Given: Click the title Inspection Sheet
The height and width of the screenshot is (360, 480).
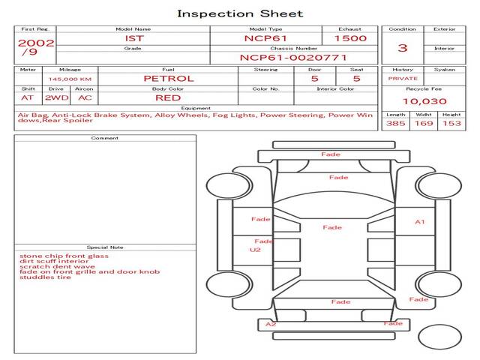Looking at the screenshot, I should point(240,13).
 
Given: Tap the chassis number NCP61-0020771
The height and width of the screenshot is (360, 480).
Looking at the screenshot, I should point(293,57).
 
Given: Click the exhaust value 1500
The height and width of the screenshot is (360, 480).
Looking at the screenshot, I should point(350,37).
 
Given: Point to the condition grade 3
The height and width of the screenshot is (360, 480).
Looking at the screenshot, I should point(403,48).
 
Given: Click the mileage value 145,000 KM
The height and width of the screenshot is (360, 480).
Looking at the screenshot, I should point(70,79).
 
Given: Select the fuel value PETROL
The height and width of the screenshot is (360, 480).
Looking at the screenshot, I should point(168,78).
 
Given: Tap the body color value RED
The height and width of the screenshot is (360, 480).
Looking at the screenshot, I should point(168,97).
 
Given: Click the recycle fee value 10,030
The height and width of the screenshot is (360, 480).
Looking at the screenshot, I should point(424,101).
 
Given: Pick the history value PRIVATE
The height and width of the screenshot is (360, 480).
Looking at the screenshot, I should point(403,79).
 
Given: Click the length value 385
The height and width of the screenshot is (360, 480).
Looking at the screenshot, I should point(396,124).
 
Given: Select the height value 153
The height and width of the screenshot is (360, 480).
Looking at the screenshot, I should point(451,124).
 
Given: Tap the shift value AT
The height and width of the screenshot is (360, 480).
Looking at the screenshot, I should point(27,97).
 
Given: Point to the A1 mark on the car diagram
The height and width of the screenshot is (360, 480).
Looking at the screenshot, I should point(420,222).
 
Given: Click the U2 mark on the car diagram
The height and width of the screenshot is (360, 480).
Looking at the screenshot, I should point(256,250).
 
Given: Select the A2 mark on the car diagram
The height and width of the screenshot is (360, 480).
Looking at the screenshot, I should point(271,324).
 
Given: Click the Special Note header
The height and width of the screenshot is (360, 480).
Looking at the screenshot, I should point(105,247).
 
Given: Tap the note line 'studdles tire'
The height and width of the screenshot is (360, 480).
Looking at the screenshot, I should point(45,277).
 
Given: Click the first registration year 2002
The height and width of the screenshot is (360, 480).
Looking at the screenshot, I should point(35,43).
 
